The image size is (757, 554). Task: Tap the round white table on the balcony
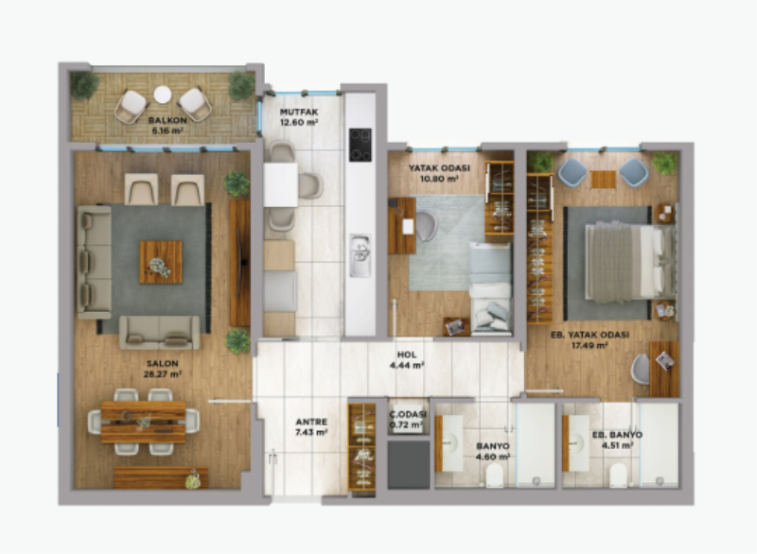pyautogui.click(x=163, y=95)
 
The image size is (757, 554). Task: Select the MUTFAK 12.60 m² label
pyautogui.click(x=299, y=117)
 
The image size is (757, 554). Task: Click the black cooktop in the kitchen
pyautogui.click(x=361, y=145)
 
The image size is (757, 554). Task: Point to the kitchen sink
pyautogui.click(x=361, y=255)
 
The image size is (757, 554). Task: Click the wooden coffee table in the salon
pyautogui.click(x=161, y=262)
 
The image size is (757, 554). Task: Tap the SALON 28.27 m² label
pyautogui.click(x=162, y=369)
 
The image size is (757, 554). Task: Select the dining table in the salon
pyautogui.click(x=144, y=423)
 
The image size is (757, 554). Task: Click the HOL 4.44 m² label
pyautogui.click(x=407, y=360)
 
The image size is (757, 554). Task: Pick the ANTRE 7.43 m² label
pyautogui.click(x=311, y=426)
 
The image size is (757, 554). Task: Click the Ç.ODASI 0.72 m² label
pyautogui.click(x=408, y=420)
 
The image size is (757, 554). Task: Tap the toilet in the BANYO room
pyautogui.click(x=494, y=477)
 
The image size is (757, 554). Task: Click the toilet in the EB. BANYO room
pyautogui.click(x=618, y=476)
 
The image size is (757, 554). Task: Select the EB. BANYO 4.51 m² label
pyautogui.click(x=617, y=440)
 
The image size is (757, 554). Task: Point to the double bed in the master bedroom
pyautogui.click(x=630, y=263)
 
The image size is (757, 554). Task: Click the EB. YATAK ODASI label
pyautogui.click(x=590, y=335)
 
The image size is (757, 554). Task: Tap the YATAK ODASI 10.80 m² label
pyautogui.click(x=439, y=173)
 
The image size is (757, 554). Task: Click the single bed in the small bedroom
pyautogui.click(x=490, y=288)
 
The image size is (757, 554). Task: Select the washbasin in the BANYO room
pyautogui.click(x=452, y=443)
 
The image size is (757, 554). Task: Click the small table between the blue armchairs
pyautogui.click(x=603, y=180)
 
